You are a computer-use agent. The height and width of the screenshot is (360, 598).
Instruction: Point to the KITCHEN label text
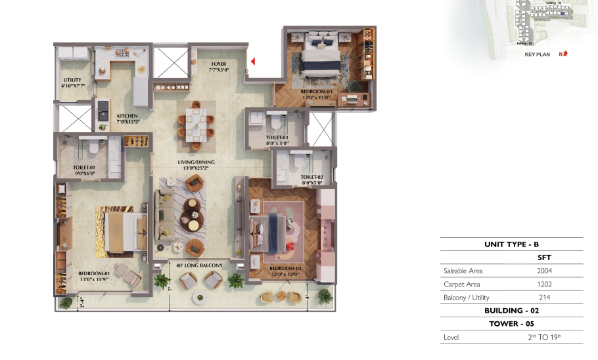pyautogui.click(x=127, y=116)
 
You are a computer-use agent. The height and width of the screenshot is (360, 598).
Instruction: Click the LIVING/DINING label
pyautogui.click(x=196, y=162)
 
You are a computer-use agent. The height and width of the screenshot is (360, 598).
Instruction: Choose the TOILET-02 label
pyautogui.click(x=311, y=177)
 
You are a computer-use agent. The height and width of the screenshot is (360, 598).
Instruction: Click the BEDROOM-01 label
pyautogui.click(x=93, y=273)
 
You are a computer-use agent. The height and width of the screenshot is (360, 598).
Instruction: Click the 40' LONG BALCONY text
pyautogui.click(x=200, y=265)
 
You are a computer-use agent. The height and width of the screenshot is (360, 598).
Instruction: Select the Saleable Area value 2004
pyautogui.click(x=543, y=270)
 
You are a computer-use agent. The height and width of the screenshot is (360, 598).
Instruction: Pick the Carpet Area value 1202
pyautogui.click(x=543, y=284)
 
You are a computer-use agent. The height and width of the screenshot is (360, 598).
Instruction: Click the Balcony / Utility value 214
pyautogui.click(x=543, y=298)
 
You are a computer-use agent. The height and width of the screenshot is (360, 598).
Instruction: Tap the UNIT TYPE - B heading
pyautogui.click(x=511, y=244)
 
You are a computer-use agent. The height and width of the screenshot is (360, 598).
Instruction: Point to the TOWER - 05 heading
pyautogui.click(x=511, y=324)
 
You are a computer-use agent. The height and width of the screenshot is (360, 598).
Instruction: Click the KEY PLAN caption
pyautogui.click(x=537, y=55)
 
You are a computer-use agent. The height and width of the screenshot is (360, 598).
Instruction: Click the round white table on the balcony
pyautogui.click(x=200, y=297)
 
